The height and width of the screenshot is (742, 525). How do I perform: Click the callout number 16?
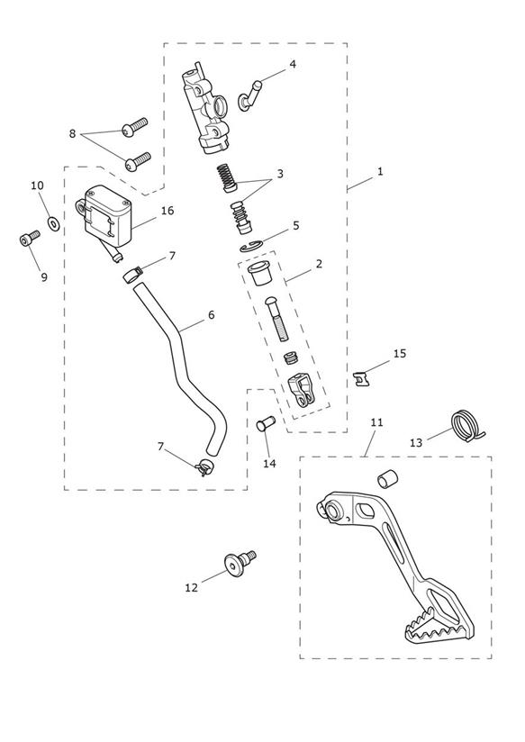tap(167, 211)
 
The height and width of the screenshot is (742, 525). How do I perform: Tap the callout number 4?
tap(293, 64)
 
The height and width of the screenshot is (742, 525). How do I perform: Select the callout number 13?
tap(416, 443)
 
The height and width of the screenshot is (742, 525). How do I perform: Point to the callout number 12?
tap(191, 588)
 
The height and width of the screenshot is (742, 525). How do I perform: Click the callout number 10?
tap(38, 185)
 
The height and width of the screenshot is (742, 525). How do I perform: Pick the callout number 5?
tap(296, 225)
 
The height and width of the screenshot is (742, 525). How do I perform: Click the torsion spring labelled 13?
tap(466, 426)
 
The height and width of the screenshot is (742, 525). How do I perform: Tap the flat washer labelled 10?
tap(52, 222)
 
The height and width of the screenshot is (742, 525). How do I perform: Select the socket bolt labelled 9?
tap(30, 238)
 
